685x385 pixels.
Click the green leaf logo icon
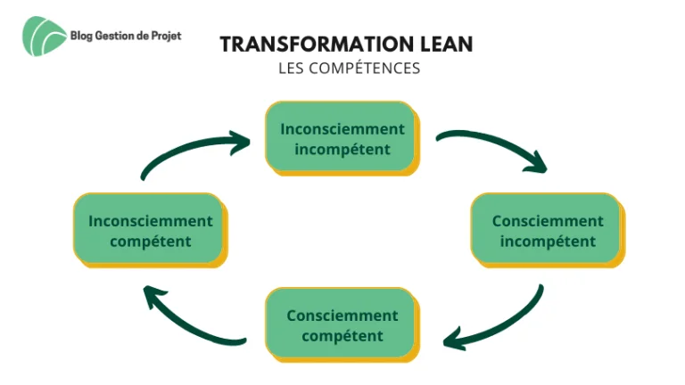44,37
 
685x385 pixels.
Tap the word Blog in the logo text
81,37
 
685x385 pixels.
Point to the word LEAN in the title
447,44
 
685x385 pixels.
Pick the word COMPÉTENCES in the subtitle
364,68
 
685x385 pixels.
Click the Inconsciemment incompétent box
342,138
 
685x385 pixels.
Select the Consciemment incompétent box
548,231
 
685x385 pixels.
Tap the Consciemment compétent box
342,324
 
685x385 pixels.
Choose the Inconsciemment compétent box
151,231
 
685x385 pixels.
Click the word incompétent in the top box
342,150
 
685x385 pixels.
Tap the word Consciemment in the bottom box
342,315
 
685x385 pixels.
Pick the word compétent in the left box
151,242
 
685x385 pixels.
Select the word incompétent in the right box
548,242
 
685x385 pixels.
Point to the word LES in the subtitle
291,68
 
